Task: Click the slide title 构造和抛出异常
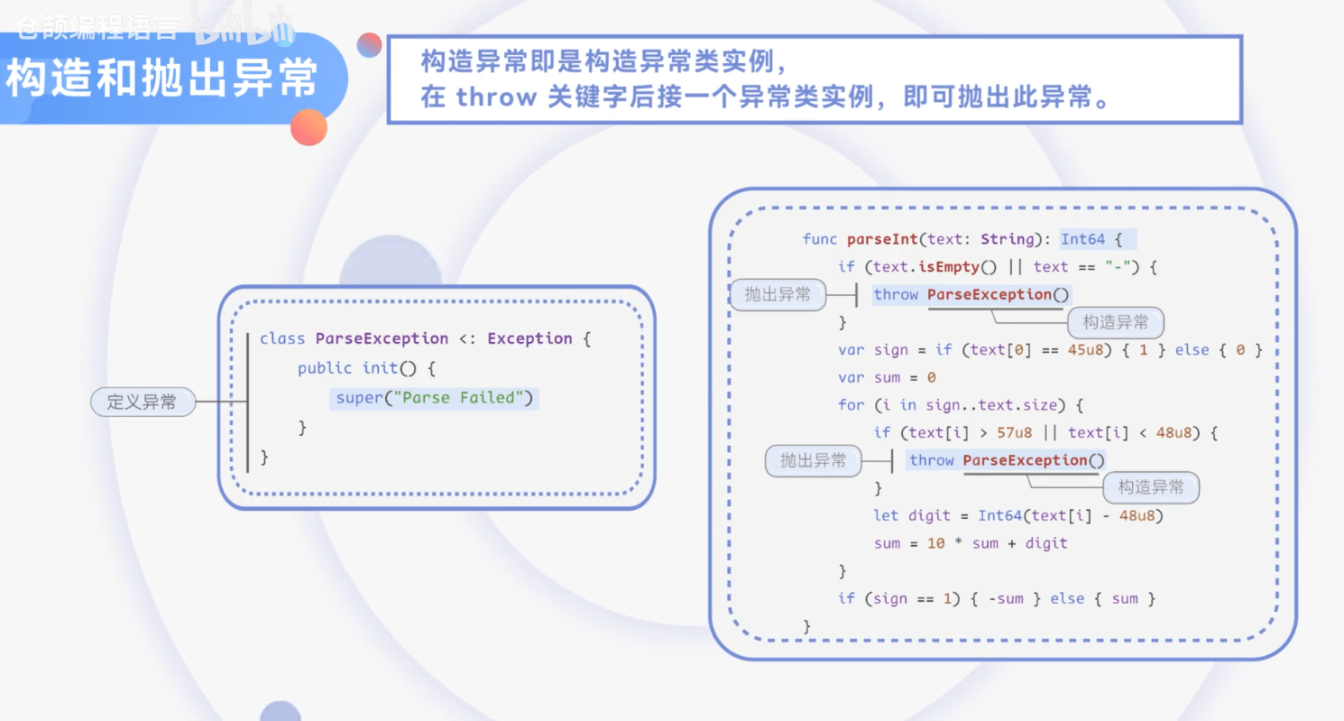tap(162, 79)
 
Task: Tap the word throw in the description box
tap(496, 97)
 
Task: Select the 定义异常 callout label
tap(143, 402)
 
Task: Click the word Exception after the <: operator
tap(529, 338)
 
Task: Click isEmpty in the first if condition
tap(947, 267)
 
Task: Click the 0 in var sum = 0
tap(931, 378)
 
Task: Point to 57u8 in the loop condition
tap(1015, 433)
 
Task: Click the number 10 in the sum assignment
tap(936, 543)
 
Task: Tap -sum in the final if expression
tap(1005, 598)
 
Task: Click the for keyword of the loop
tap(851, 405)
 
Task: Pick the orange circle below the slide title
tap(308, 127)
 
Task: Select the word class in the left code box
tap(282, 338)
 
